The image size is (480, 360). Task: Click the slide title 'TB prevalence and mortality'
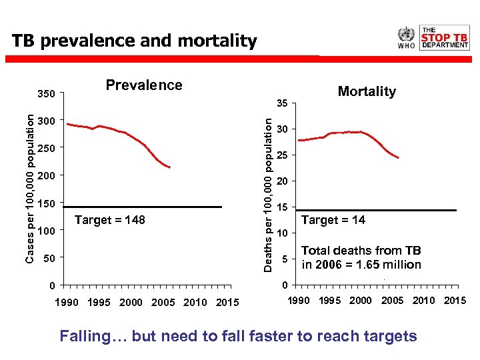(134, 41)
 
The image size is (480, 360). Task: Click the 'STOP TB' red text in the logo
(445, 37)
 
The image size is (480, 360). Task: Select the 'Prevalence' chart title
(144, 85)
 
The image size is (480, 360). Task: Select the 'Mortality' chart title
(367, 91)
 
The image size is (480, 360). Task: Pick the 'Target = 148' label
(110, 220)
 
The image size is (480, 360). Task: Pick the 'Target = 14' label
(333, 220)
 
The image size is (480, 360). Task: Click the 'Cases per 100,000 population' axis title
(30, 187)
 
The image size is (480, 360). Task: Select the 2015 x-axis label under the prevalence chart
(227, 303)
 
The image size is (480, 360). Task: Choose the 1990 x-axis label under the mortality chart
(298, 301)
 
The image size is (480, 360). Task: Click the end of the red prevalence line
(170, 167)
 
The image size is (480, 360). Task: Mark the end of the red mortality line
(398, 158)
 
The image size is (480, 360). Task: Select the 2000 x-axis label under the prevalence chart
(131, 303)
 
